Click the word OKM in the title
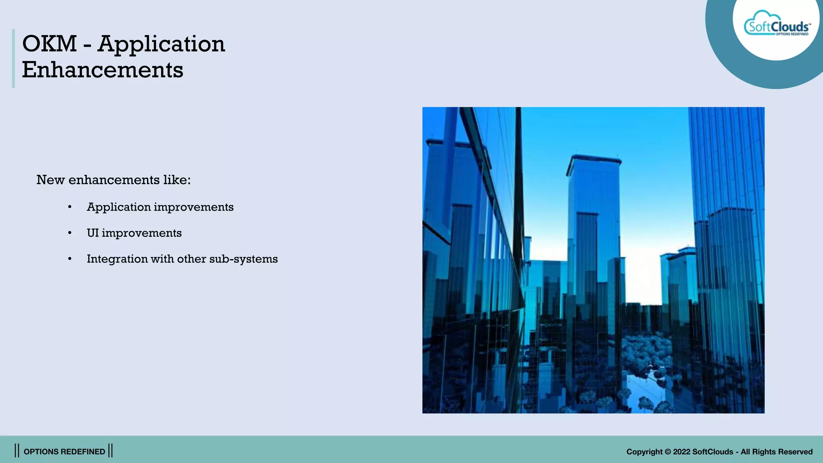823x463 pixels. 49,44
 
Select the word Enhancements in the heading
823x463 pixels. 102,70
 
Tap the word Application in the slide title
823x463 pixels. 161,44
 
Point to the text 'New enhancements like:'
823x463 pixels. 113,180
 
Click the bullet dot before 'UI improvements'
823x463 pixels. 70,233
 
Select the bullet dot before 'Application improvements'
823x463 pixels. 70,207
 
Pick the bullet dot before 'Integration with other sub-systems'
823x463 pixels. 70,259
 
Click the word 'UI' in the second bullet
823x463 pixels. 92,233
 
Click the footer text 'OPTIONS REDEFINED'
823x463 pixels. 64,452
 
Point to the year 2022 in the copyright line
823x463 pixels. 682,452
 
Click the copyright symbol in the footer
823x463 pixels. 667,452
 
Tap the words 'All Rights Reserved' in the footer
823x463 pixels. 776,452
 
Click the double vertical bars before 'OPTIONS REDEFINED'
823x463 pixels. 17,451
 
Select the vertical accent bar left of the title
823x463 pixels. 13,58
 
